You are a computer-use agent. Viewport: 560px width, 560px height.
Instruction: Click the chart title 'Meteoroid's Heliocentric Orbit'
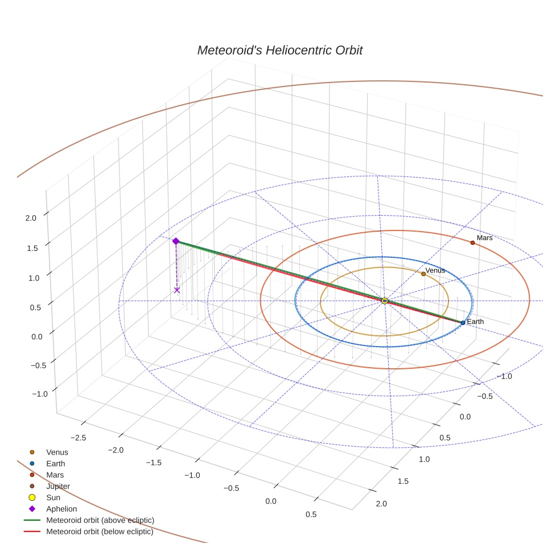pyautogui.click(x=279, y=50)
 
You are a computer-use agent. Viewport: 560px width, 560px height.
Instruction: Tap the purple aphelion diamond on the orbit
pyautogui.click(x=176, y=241)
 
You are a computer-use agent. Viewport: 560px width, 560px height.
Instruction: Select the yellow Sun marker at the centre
pyautogui.click(x=385, y=300)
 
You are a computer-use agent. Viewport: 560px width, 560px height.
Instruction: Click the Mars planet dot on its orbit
pyautogui.click(x=472, y=243)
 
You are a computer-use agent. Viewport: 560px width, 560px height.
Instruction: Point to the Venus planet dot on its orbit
pyautogui.click(x=423, y=274)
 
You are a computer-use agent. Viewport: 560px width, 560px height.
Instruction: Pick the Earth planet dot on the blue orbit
pyautogui.click(x=463, y=323)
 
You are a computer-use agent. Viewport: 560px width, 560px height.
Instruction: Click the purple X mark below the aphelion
pyautogui.click(x=177, y=290)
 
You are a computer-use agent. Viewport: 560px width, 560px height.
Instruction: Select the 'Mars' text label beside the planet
pyautogui.click(x=485, y=238)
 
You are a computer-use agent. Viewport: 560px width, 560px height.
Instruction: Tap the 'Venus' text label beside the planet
pyautogui.click(x=435, y=270)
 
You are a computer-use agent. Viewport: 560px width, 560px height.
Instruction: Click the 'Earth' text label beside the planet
pyautogui.click(x=475, y=322)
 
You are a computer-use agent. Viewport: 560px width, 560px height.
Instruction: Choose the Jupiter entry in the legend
pyautogui.click(x=58, y=486)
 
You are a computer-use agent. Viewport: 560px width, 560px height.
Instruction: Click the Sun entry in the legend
pyautogui.click(x=53, y=497)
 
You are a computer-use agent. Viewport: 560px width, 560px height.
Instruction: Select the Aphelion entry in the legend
pyautogui.click(x=61, y=509)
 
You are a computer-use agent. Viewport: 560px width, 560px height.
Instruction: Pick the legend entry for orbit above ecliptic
pyautogui.click(x=100, y=520)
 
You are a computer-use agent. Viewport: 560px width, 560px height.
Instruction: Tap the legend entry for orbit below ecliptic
pyautogui.click(x=100, y=532)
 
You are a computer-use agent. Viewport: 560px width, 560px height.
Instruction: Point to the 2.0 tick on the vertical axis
pyautogui.click(x=31, y=218)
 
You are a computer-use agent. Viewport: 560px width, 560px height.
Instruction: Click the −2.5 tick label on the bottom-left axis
pyautogui.click(x=78, y=437)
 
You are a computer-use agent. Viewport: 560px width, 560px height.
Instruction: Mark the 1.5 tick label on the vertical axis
pyautogui.click(x=31, y=248)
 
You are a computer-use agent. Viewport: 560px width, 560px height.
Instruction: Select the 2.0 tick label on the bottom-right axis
pyautogui.click(x=381, y=504)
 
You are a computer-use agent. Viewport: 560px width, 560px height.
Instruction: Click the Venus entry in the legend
pyautogui.click(x=57, y=452)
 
